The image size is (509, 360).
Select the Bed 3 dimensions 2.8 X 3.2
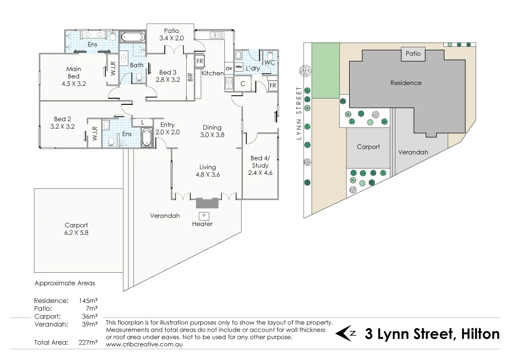pos(167,80)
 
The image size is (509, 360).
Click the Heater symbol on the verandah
pos(204,216)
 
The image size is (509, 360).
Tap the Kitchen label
pos(213,73)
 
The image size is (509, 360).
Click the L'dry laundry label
pos(253,69)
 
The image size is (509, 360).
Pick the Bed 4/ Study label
pos(260,161)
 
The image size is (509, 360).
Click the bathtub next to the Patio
pos(132,38)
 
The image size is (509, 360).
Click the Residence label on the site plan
pos(406,83)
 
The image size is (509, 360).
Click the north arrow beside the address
pos(345,334)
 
